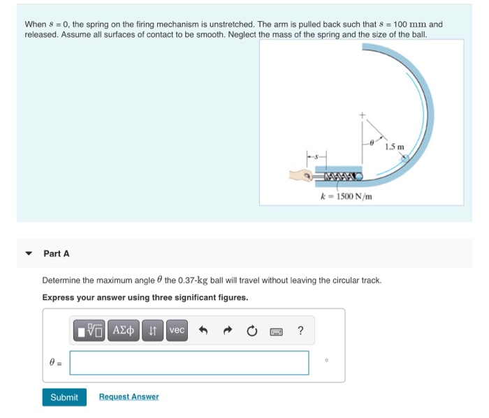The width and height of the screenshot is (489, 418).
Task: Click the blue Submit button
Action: (x=64, y=397)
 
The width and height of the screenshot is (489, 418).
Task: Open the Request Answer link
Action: (x=129, y=397)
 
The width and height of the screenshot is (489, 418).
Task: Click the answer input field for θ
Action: (x=189, y=362)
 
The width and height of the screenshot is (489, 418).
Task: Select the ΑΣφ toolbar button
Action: (x=124, y=330)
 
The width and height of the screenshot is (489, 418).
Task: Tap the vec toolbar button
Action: (x=177, y=330)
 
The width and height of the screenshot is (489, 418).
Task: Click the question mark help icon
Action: (x=300, y=331)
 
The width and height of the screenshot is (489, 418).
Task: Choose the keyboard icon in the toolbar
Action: (x=277, y=331)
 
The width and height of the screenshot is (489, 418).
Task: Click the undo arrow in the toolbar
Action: (x=205, y=331)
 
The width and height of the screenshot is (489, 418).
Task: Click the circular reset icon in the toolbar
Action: (x=253, y=331)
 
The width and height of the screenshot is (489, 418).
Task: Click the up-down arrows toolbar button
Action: (x=153, y=330)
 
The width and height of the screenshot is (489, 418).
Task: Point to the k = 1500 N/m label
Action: (x=346, y=197)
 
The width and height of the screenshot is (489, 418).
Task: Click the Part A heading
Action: (x=57, y=254)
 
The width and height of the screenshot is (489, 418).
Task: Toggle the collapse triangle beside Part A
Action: (x=29, y=254)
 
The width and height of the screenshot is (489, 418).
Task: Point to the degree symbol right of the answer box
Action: (x=326, y=360)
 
